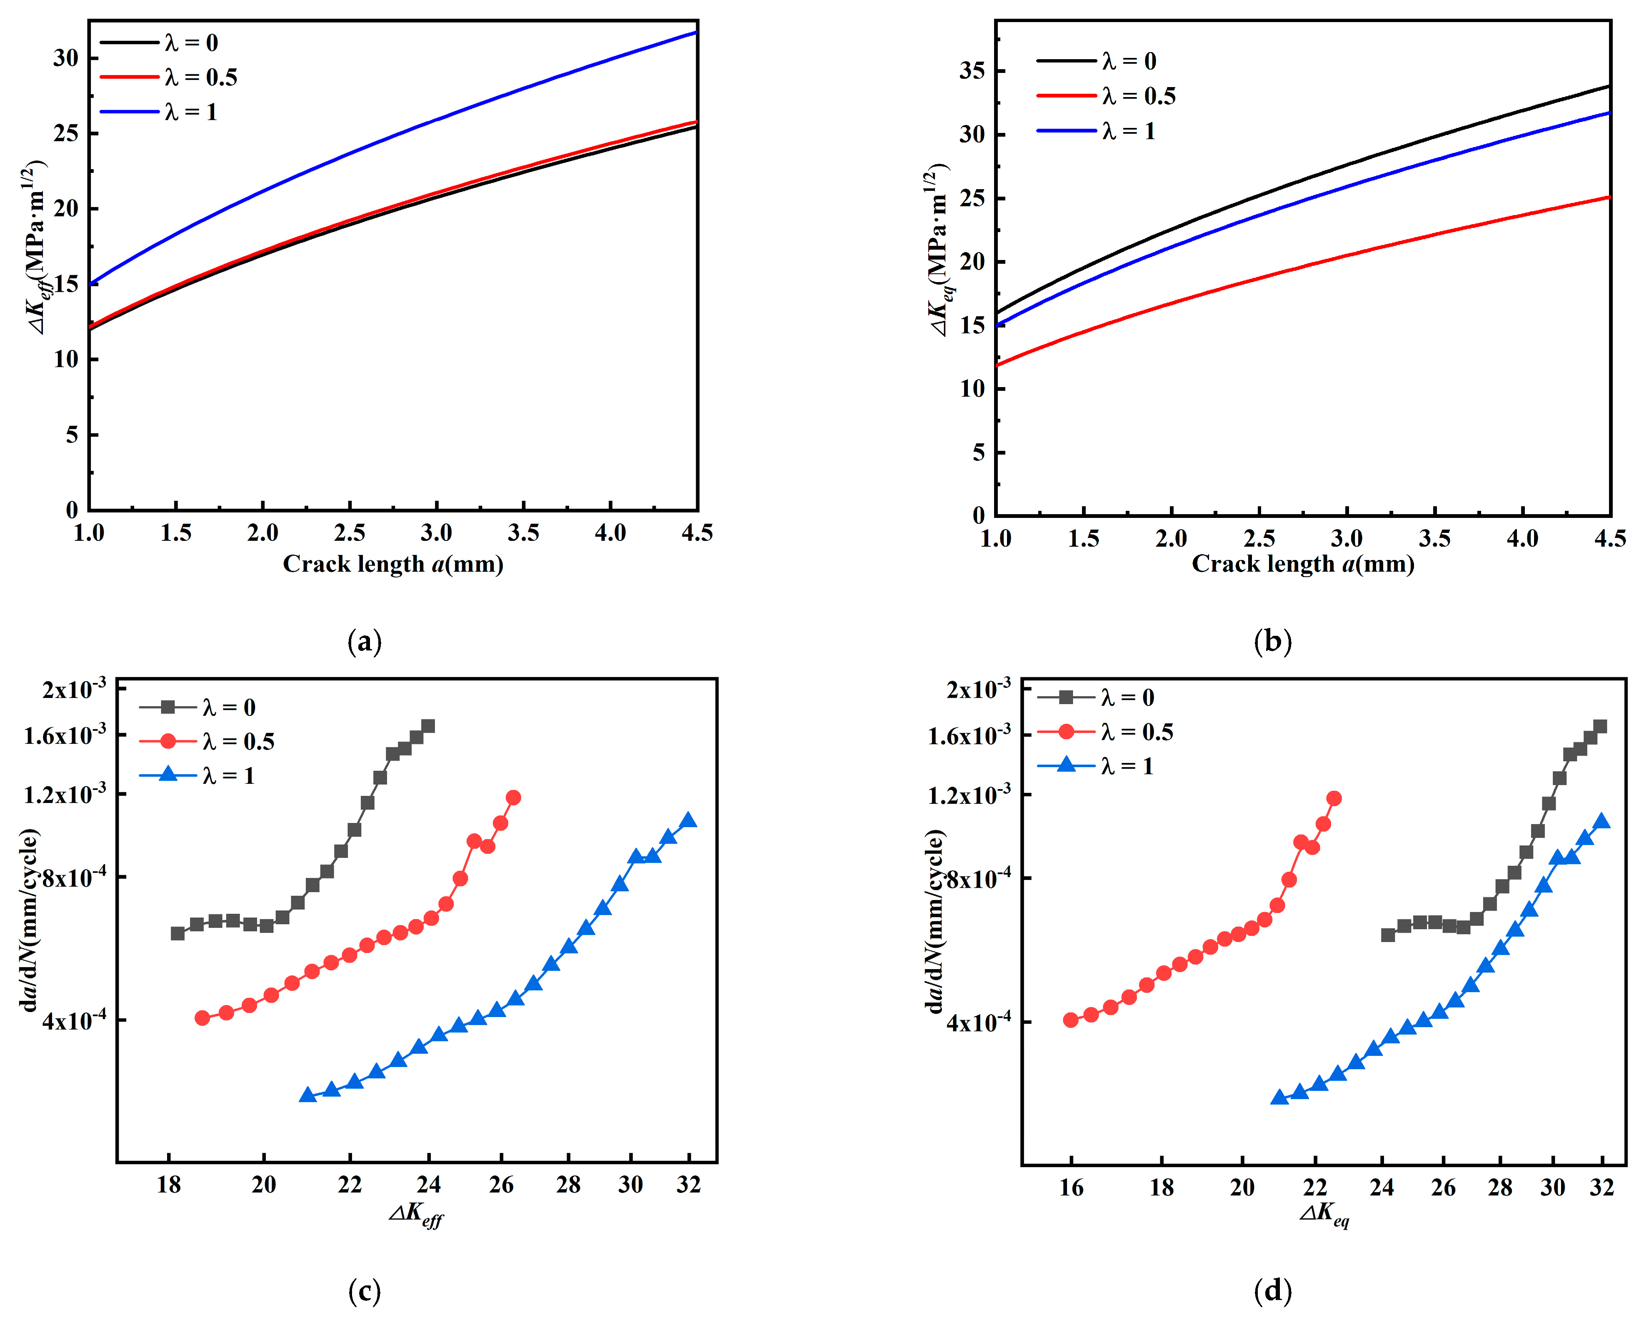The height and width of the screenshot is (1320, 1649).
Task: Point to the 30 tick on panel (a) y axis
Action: click(x=66, y=58)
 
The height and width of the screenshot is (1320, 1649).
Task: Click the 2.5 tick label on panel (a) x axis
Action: click(x=350, y=533)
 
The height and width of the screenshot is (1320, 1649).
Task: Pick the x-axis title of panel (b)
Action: click(x=1302, y=565)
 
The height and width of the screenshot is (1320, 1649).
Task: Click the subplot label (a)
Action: click(x=364, y=641)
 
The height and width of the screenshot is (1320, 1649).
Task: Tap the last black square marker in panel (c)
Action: click(x=428, y=726)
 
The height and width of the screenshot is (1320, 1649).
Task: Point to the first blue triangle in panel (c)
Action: click(x=307, y=1095)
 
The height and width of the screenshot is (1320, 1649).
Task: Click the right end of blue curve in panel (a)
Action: click(x=696, y=32)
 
